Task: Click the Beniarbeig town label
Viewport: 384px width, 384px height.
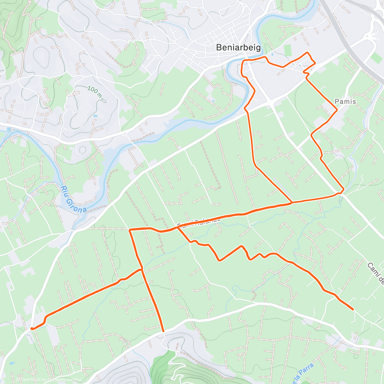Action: (x=238, y=47)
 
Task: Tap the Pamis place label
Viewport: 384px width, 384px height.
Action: (x=345, y=101)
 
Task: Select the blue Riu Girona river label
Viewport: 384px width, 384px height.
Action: (x=74, y=199)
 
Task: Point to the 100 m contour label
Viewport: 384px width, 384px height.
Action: (x=94, y=90)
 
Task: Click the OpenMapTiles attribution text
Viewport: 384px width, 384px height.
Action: (x=34, y=380)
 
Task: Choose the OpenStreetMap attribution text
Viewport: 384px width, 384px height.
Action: (x=67, y=380)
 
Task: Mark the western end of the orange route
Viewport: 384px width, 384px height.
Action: (x=32, y=328)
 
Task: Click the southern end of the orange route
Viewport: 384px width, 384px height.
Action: (x=163, y=331)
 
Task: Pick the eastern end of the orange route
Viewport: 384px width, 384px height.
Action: (x=353, y=309)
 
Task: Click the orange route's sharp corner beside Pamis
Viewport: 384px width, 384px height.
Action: (x=337, y=110)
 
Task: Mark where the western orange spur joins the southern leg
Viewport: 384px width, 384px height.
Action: (x=141, y=270)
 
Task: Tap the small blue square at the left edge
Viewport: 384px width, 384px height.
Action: (x=8, y=129)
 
